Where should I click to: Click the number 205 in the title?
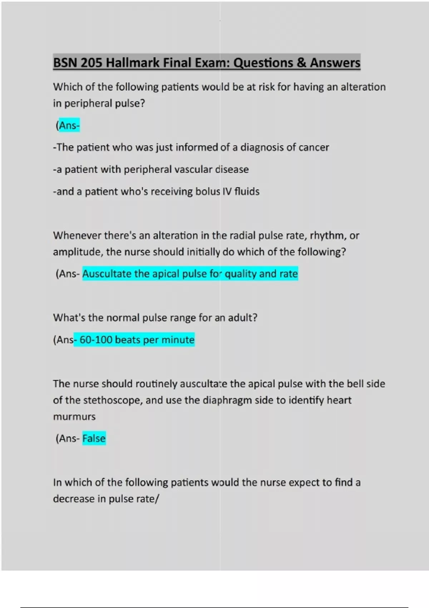point(92,63)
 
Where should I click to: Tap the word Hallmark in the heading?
point(133,63)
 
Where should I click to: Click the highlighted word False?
point(94,438)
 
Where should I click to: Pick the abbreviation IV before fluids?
point(227,192)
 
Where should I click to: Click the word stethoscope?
point(113,400)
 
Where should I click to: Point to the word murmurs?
point(74,417)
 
